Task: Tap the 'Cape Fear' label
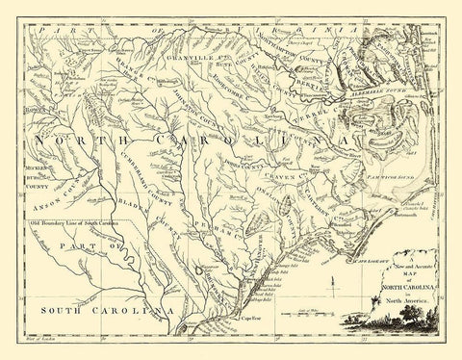(251, 321)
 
